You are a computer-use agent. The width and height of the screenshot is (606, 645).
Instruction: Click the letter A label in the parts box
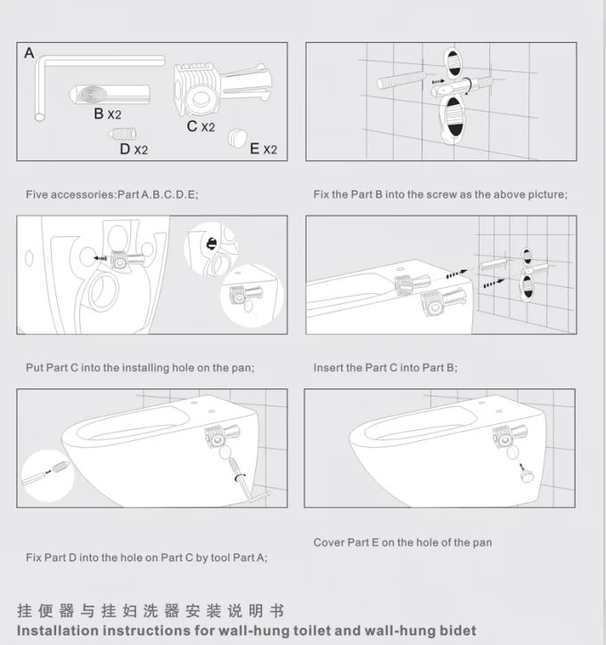coord(29,53)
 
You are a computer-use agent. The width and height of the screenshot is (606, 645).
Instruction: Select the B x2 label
coord(107,114)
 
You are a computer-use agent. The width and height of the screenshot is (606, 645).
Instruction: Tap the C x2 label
coord(201,127)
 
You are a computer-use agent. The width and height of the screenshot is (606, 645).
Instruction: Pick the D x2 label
coord(134,149)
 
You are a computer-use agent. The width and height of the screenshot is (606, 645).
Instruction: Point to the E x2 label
coord(263,149)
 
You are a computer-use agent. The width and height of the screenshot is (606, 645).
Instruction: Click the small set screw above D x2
coord(122,134)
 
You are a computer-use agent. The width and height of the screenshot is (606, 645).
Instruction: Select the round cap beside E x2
coord(238,137)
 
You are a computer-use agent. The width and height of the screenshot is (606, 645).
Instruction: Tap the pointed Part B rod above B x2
coord(109,94)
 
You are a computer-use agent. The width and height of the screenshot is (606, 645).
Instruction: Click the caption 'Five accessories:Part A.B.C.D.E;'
coord(112,194)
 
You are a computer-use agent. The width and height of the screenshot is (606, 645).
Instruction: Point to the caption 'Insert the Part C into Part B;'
coord(386,368)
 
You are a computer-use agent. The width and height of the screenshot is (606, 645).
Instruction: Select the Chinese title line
coord(151,611)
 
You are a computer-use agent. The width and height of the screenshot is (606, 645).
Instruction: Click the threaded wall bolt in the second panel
coord(402,80)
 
